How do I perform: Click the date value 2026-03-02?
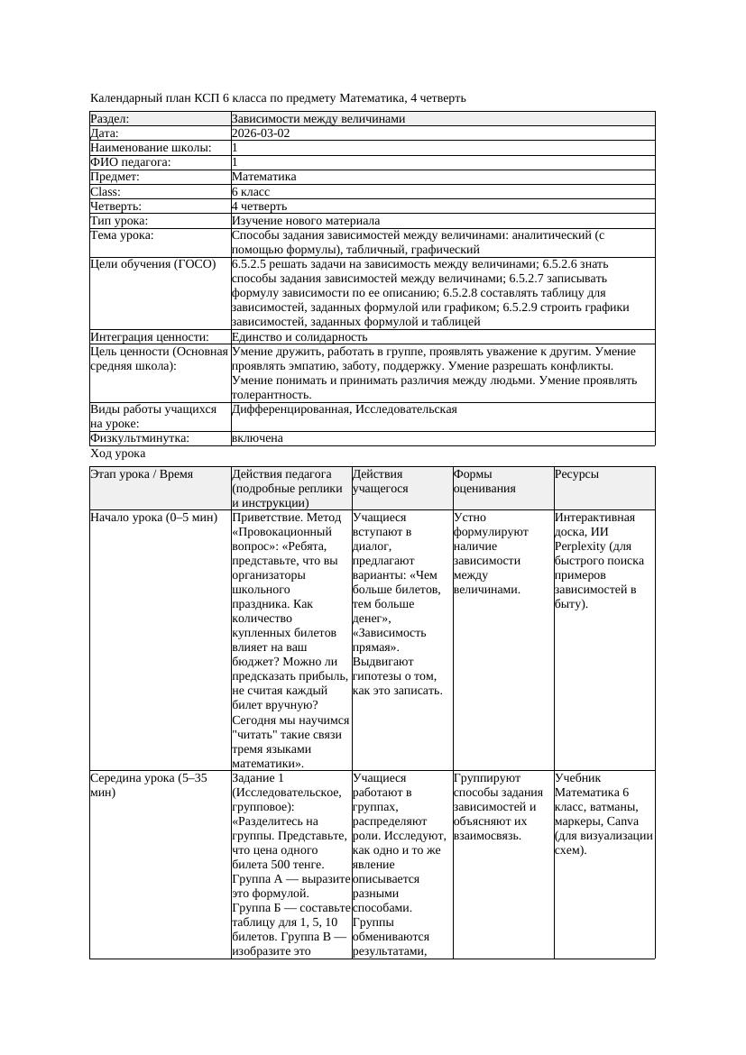[261, 133]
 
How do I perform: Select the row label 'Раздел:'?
[110, 119]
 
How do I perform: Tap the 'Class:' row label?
[106, 192]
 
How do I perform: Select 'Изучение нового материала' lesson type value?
[306, 221]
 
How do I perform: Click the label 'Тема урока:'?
[122, 235]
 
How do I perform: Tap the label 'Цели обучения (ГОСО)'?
[153, 264]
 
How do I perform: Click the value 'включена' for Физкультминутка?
[257, 438]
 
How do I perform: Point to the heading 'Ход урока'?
[117, 454]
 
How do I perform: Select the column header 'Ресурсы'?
[577, 474]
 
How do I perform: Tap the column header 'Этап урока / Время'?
[142, 474]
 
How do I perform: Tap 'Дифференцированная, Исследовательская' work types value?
[344, 409]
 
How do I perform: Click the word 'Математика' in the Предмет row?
[263, 178]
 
